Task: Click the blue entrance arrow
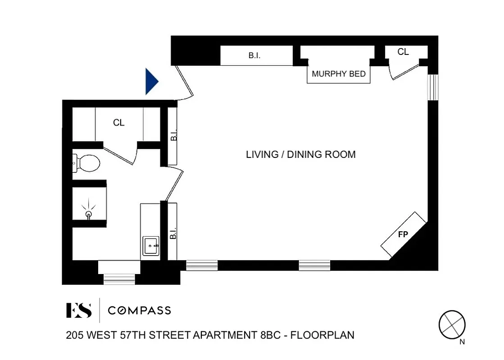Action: (152, 82)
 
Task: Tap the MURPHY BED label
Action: (339, 74)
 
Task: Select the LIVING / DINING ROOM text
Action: (300, 154)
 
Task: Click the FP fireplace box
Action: (403, 234)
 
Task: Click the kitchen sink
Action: (151, 246)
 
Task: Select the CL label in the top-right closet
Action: (403, 52)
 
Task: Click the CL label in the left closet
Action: (119, 122)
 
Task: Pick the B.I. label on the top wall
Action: (254, 56)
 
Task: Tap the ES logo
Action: (79, 310)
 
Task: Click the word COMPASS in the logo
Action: (139, 310)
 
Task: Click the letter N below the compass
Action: (462, 342)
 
